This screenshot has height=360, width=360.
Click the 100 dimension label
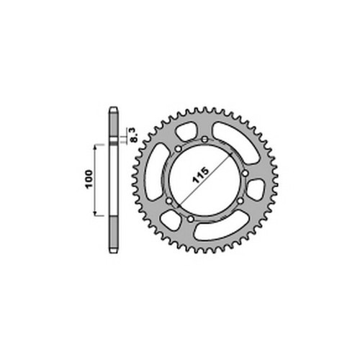click(89, 179)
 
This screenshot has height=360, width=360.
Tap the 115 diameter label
click(201, 176)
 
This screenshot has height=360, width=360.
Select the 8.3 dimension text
click(135, 135)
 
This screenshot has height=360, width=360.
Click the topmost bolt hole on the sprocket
click(204, 139)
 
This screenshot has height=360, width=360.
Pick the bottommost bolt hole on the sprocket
click(191, 219)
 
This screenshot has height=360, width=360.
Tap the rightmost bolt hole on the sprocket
click(245, 173)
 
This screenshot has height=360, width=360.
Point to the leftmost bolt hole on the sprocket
click(169, 201)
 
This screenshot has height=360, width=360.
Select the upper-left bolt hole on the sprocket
click(178, 149)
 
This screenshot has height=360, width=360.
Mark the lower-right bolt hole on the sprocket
click(240, 201)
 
